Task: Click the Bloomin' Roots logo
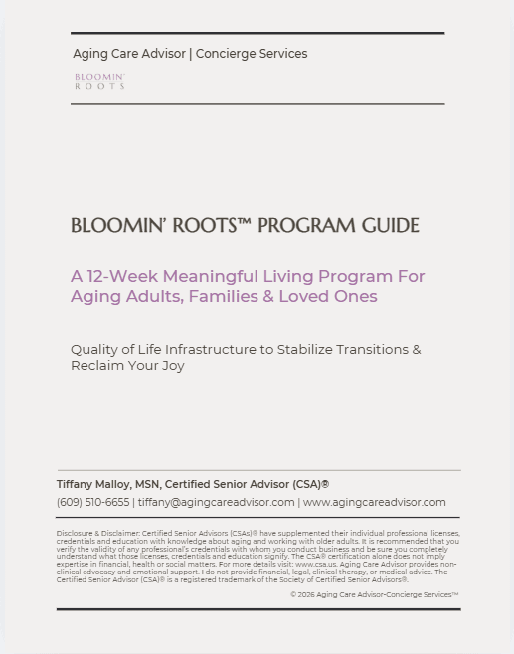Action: [x=99, y=81]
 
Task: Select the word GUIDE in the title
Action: [x=390, y=226]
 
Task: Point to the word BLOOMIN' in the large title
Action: [x=118, y=226]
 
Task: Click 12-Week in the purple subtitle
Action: [x=119, y=276]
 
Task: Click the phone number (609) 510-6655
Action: [x=92, y=502]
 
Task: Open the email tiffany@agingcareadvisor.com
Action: [x=216, y=502]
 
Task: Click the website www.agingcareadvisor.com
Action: [x=375, y=502]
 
